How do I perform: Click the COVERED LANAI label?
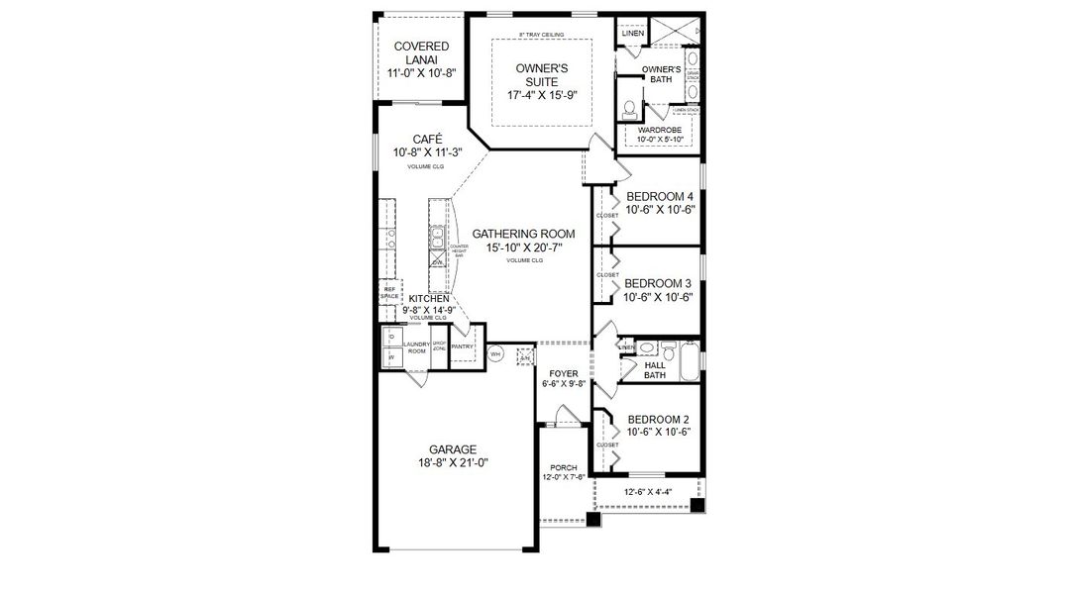pos(421,53)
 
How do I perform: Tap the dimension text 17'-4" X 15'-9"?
pos(542,96)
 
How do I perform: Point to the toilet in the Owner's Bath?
pos(628,107)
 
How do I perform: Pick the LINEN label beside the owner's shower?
pos(632,34)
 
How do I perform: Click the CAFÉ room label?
pos(427,139)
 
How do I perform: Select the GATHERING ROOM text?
pos(523,234)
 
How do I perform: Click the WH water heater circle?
pos(495,354)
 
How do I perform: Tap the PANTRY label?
pos(461,347)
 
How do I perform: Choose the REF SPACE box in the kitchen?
pos(389,293)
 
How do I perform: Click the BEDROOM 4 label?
pos(659,196)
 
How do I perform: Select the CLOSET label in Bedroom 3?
pos(606,275)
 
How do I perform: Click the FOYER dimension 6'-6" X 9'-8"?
pos(565,384)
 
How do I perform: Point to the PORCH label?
pos(565,466)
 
